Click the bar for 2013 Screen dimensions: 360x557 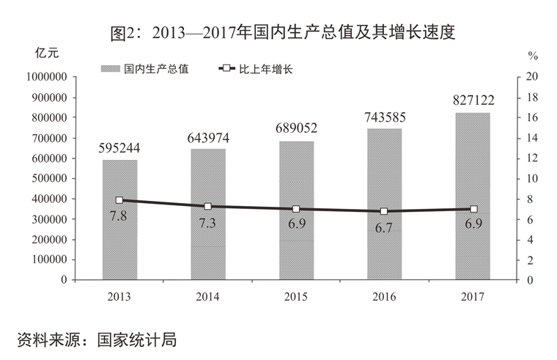pyautogui.click(x=119, y=220)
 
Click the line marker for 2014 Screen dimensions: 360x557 pyautogui.click(x=208, y=207)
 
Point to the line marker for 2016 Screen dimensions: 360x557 pyautogui.click(x=384, y=211)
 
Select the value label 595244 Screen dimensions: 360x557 pyautogui.click(x=119, y=148)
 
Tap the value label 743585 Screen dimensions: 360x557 pyautogui.click(x=384, y=117)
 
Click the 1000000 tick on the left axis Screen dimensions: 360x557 pyautogui.click(x=45, y=77)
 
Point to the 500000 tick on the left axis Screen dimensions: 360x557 pyautogui.click(x=48, y=179)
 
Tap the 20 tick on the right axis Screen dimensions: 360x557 pyautogui.click(x=532, y=77)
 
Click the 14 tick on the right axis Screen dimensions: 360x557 pyautogui.click(x=532, y=138)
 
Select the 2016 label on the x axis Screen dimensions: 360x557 pyautogui.click(x=384, y=296)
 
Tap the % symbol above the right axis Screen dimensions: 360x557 pyautogui.click(x=533, y=55)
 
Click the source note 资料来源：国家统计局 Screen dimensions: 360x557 pyautogui.click(x=97, y=339)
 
